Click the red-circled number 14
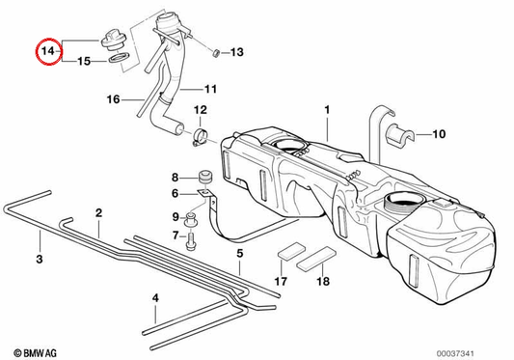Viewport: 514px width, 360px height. (x=48, y=51)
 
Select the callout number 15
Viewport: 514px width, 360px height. (x=84, y=61)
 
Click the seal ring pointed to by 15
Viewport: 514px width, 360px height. (x=119, y=58)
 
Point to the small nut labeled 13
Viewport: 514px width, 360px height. (x=216, y=52)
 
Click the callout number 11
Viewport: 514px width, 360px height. (x=210, y=89)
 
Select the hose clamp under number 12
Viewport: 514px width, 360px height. (x=202, y=137)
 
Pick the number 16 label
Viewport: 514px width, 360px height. (x=114, y=99)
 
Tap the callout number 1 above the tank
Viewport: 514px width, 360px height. (x=327, y=110)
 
